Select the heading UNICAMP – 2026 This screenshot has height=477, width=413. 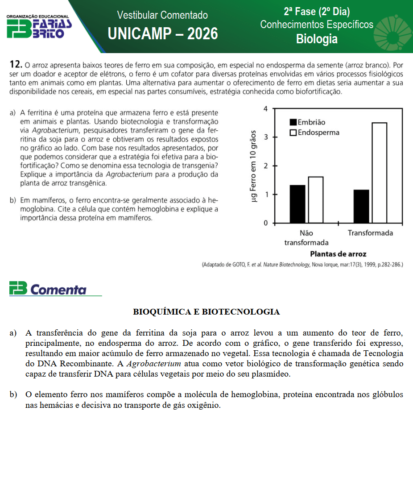[x=163, y=33]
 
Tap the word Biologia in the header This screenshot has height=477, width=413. [x=317, y=39]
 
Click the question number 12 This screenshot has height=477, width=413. [x=16, y=65]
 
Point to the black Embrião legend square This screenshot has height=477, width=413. [x=293, y=122]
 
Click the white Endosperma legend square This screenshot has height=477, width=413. [x=293, y=133]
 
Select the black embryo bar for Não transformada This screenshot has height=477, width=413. [x=297, y=204]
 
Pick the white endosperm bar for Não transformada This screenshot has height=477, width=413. [x=315, y=200]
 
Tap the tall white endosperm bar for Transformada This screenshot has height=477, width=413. [x=379, y=173]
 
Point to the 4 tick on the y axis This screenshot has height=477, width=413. [x=266, y=109]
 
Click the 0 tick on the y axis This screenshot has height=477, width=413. [x=266, y=223]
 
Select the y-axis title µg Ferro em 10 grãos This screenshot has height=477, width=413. [x=254, y=166]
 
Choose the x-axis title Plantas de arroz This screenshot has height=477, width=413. [x=338, y=254]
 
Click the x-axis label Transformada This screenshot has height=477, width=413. [x=370, y=233]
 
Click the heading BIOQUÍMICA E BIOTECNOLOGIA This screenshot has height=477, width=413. [x=206, y=312]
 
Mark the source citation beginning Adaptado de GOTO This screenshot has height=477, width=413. [x=302, y=265]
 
